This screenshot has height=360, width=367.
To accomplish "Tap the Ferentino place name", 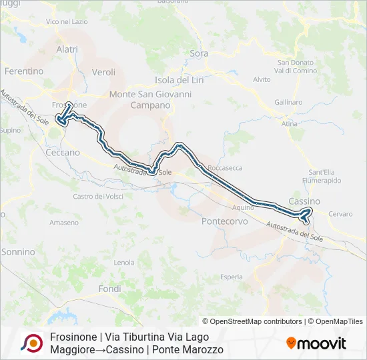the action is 24,71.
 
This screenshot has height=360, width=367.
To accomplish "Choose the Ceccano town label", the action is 63,152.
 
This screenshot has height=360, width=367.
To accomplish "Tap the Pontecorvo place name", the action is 225,221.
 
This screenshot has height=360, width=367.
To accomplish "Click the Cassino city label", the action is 304,201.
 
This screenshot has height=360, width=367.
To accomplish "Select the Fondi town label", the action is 109,289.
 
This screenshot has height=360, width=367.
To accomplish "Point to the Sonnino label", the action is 18,251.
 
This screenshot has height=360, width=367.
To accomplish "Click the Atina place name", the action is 290,124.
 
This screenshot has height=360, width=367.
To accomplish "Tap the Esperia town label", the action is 232,276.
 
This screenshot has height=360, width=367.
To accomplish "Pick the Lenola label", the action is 124,262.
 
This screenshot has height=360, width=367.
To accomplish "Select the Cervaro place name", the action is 340,214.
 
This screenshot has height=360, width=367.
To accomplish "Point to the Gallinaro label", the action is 288,102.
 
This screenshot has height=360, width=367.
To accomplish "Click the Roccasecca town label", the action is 225,168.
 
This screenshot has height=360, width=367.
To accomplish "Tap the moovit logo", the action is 316,343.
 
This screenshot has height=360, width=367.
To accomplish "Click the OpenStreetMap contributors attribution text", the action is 252,321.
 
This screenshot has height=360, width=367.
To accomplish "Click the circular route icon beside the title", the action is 31,343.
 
